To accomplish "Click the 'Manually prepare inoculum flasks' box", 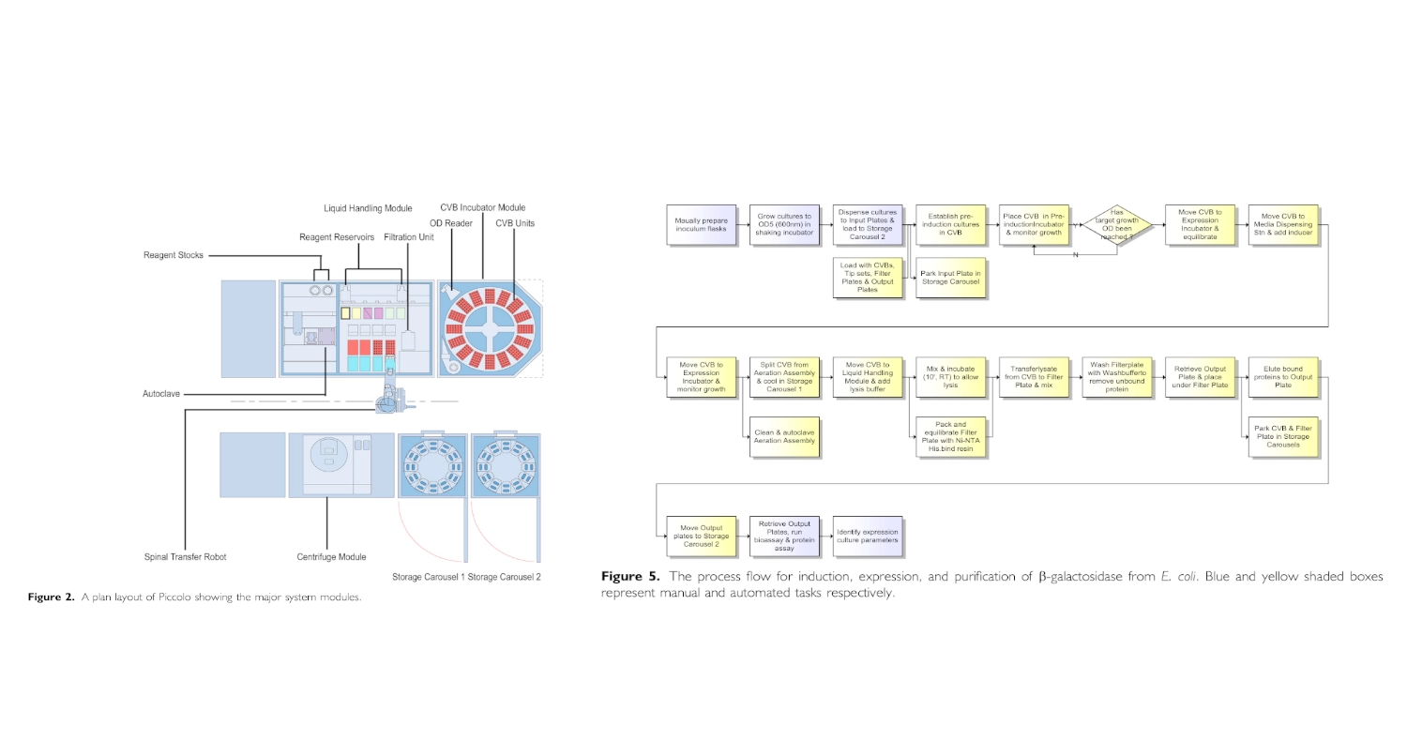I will point(701,224).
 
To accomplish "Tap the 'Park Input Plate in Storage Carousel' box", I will point(950,277).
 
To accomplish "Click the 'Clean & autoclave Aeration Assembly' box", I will point(785,436).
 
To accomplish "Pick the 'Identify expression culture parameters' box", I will point(868,536).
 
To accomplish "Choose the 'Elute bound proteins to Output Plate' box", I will point(1283,378).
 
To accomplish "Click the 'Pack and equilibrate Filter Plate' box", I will point(950,436).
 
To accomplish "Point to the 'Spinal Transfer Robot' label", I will point(185,557).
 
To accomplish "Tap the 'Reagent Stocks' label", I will point(174,255).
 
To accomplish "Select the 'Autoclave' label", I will point(161,395).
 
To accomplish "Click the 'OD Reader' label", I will point(451,223).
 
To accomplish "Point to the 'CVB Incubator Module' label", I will point(482,207).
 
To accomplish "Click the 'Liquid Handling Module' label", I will point(368,208).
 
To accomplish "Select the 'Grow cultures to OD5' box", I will point(785,224).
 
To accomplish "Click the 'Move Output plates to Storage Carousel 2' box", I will point(701,536).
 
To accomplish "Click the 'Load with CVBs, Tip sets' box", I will point(868,277).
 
